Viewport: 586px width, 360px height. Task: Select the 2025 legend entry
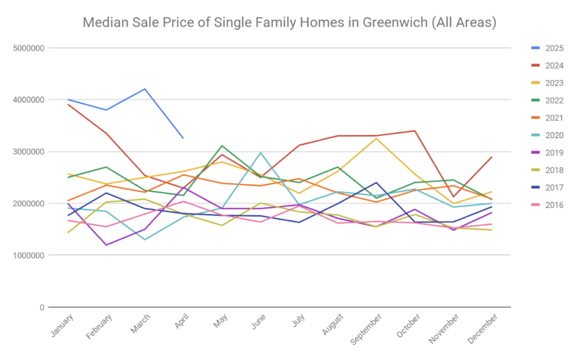coord(552,48)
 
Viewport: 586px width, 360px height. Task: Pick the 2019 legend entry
coord(552,153)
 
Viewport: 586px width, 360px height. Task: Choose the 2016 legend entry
coord(552,205)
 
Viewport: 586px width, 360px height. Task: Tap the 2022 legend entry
coord(552,101)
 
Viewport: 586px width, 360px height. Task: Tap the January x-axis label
coord(62,325)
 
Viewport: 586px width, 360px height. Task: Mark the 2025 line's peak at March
coord(145,89)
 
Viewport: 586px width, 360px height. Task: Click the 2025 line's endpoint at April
coord(183,138)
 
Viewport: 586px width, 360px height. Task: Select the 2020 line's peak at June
coord(260,152)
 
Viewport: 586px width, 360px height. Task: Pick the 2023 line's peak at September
coord(376,139)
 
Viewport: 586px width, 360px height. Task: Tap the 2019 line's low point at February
coord(106,245)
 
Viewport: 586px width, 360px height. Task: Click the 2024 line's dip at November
coord(453,197)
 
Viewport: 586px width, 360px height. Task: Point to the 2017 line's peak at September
coord(376,183)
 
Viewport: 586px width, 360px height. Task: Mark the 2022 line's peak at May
coord(222,146)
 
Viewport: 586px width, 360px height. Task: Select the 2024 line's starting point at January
coord(68,104)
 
